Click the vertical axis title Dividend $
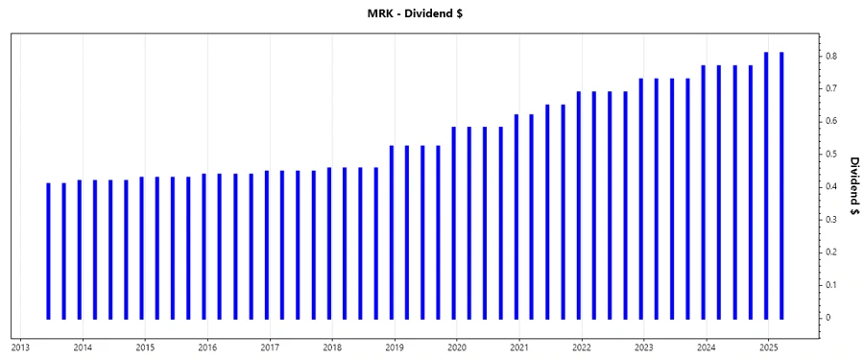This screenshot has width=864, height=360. (x=852, y=186)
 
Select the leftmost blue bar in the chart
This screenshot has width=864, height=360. (x=48, y=251)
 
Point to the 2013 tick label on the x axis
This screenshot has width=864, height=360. (x=20, y=347)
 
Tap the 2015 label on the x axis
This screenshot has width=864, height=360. (x=145, y=347)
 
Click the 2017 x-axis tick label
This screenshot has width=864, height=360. (x=270, y=347)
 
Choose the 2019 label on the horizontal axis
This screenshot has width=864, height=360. (x=395, y=347)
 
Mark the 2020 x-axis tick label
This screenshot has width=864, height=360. (x=457, y=347)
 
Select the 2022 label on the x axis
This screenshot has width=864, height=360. (x=582, y=347)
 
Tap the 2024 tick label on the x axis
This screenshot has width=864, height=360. (x=707, y=347)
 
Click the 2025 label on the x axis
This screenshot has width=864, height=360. (x=769, y=347)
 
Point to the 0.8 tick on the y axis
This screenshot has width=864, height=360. (x=833, y=57)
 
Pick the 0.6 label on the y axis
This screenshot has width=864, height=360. (x=833, y=122)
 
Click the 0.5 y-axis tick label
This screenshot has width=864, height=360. (x=833, y=155)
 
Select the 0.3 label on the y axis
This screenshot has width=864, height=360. (x=833, y=220)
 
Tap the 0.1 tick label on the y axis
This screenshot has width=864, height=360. (x=833, y=285)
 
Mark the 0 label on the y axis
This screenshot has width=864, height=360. (x=830, y=318)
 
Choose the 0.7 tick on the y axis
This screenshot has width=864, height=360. (x=833, y=89)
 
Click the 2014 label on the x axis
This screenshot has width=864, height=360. (x=83, y=347)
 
